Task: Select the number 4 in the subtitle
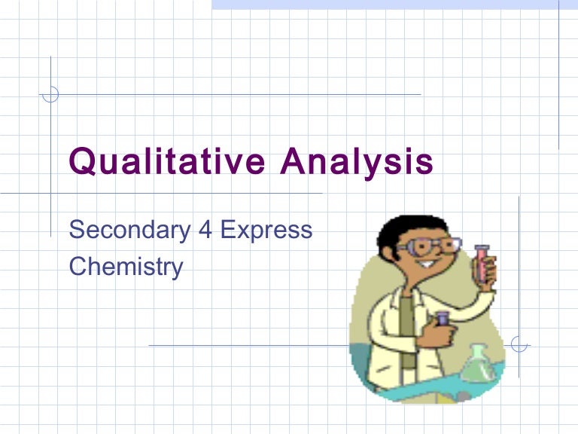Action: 205,229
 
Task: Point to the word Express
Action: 266,230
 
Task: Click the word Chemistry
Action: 126,266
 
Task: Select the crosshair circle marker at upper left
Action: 50,94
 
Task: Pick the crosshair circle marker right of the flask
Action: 519,345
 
